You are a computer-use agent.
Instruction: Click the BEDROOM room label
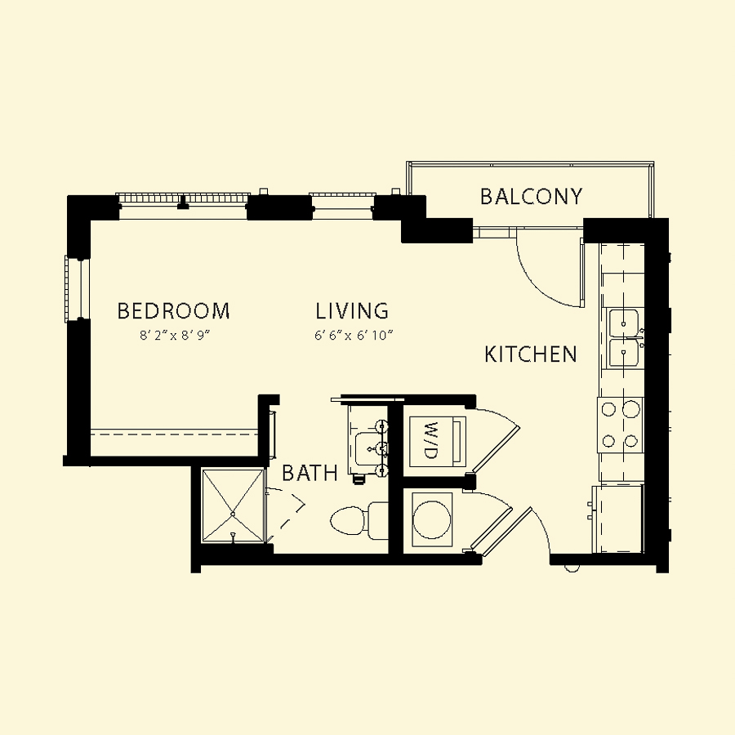click(x=173, y=311)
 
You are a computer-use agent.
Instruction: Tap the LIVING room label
click(x=352, y=311)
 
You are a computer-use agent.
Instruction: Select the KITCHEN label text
click(x=531, y=354)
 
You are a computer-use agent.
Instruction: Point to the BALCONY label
click(x=532, y=196)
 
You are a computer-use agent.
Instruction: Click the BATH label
click(x=310, y=473)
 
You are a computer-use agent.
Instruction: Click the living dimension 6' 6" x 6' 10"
click(x=354, y=336)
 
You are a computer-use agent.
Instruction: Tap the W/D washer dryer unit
click(x=438, y=441)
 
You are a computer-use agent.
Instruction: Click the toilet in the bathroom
click(x=359, y=520)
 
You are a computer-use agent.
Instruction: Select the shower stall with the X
click(x=233, y=506)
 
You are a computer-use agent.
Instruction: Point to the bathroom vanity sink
click(x=368, y=448)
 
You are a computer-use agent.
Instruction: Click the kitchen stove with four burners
click(x=620, y=425)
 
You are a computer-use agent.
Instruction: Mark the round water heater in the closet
click(x=432, y=519)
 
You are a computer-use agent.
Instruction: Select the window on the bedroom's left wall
click(x=77, y=288)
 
